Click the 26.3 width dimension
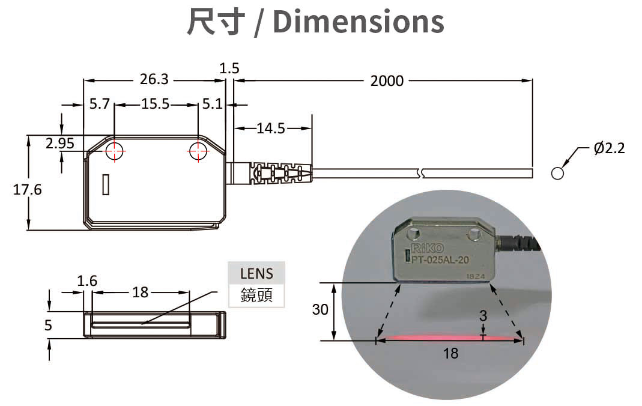click(154, 79)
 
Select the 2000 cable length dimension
click(387, 80)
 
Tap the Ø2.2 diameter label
click(609, 147)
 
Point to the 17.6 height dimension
click(28, 190)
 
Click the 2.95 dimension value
click(60, 143)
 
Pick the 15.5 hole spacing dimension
click(156, 104)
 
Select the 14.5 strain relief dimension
click(270, 127)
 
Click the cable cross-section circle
click(557, 174)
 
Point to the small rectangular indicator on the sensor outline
click(106, 184)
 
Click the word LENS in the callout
click(256, 274)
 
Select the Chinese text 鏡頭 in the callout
click(256, 295)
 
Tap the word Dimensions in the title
click(358, 22)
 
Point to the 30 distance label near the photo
click(320, 310)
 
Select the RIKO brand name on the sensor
click(427, 248)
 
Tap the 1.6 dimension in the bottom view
click(87, 280)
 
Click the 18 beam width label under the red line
click(450, 353)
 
